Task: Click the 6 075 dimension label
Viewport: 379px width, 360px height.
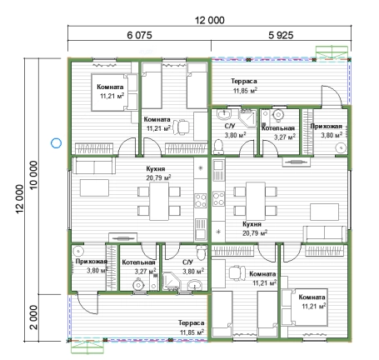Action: [139, 35]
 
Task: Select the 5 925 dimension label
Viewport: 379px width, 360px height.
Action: [281, 35]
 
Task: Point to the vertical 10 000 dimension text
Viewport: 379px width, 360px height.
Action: [33, 175]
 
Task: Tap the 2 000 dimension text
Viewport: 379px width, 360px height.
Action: [33, 317]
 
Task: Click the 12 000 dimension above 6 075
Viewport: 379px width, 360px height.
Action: [210, 20]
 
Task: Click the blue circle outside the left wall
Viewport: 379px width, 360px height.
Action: [56, 143]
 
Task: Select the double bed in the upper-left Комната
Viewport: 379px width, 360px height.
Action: [114, 92]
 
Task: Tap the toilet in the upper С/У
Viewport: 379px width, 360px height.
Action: [219, 147]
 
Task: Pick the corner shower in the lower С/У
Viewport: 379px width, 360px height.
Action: [172, 282]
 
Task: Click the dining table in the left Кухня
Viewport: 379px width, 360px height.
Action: [159, 201]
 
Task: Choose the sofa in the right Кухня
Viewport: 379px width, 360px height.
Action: [325, 234]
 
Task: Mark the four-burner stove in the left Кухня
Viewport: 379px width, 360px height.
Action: [201, 201]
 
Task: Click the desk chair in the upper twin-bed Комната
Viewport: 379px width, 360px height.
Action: [181, 127]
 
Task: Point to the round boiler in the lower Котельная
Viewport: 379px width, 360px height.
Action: [138, 285]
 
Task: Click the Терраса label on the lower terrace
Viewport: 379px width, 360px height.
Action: [191, 322]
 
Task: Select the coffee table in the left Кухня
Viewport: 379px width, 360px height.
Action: [94, 187]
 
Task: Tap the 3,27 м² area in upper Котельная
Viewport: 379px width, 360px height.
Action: [285, 137]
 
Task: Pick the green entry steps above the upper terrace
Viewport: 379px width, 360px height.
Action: [332, 53]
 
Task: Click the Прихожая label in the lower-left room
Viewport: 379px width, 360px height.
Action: [92, 262]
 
